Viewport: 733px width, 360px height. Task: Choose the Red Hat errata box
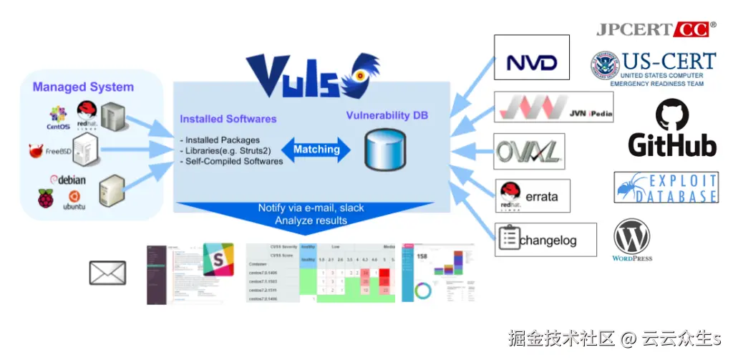(x=533, y=195)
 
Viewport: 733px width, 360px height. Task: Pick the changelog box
(x=545, y=240)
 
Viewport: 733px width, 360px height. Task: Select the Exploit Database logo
(x=666, y=187)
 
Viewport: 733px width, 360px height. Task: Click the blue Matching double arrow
(x=316, y=150)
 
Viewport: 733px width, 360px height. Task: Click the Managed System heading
(x=83, y=87)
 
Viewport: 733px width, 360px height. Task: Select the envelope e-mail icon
(x=107, y=273)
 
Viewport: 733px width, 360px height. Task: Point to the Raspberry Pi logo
(x=46, y=198)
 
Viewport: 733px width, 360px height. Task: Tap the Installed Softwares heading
(x=228, y=119)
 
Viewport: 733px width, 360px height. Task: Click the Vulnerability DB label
(x=387, y=115)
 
